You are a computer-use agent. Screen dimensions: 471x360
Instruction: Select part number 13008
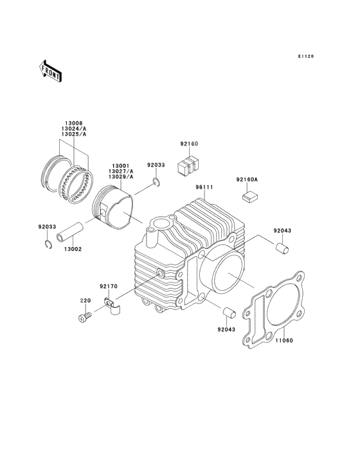pyautogui.click(x=73, y=122)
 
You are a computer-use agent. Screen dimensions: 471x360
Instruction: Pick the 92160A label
pyautogui.click(x=246, y=180)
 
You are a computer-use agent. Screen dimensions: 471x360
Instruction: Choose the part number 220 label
pyautogui.click(x=84, y=301)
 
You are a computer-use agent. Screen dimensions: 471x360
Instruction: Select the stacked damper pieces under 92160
pyautogui.click(x=188, y=165)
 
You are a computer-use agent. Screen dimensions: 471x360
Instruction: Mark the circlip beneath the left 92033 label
pyautogui.click(x=47, y=243)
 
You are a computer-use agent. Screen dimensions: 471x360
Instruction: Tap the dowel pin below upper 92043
pyautogui.click(x=282, y=247)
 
